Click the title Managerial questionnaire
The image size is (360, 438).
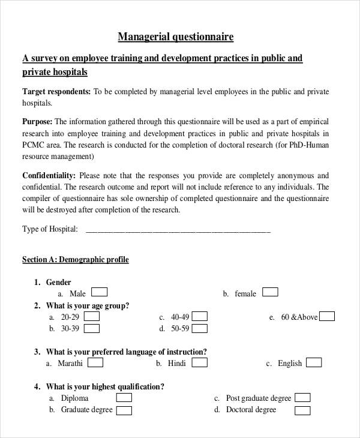(175, 37)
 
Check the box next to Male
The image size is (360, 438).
(100, 292)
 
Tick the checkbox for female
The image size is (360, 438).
(271, 292)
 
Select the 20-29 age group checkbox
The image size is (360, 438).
(92, 316)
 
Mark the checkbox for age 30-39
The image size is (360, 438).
(92, 328)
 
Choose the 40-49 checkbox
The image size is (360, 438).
(200, 316)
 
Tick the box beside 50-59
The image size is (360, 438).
(200, 328)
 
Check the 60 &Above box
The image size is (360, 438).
(327, 316)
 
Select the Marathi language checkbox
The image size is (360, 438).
(95, 362)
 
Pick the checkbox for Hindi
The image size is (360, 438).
(200, 362)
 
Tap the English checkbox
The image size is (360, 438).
(314, 362)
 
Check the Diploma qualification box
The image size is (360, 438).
(124, 398)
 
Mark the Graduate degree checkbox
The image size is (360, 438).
(124, 410)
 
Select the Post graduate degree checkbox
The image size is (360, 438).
(303, 397)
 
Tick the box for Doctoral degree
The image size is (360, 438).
(303, 410)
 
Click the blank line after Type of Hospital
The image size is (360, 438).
(178, 230)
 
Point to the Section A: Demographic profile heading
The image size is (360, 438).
(76, 260)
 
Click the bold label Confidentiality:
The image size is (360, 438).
(49, 176)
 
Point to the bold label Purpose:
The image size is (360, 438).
(37, 121)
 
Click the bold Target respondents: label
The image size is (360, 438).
(56, 92)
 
